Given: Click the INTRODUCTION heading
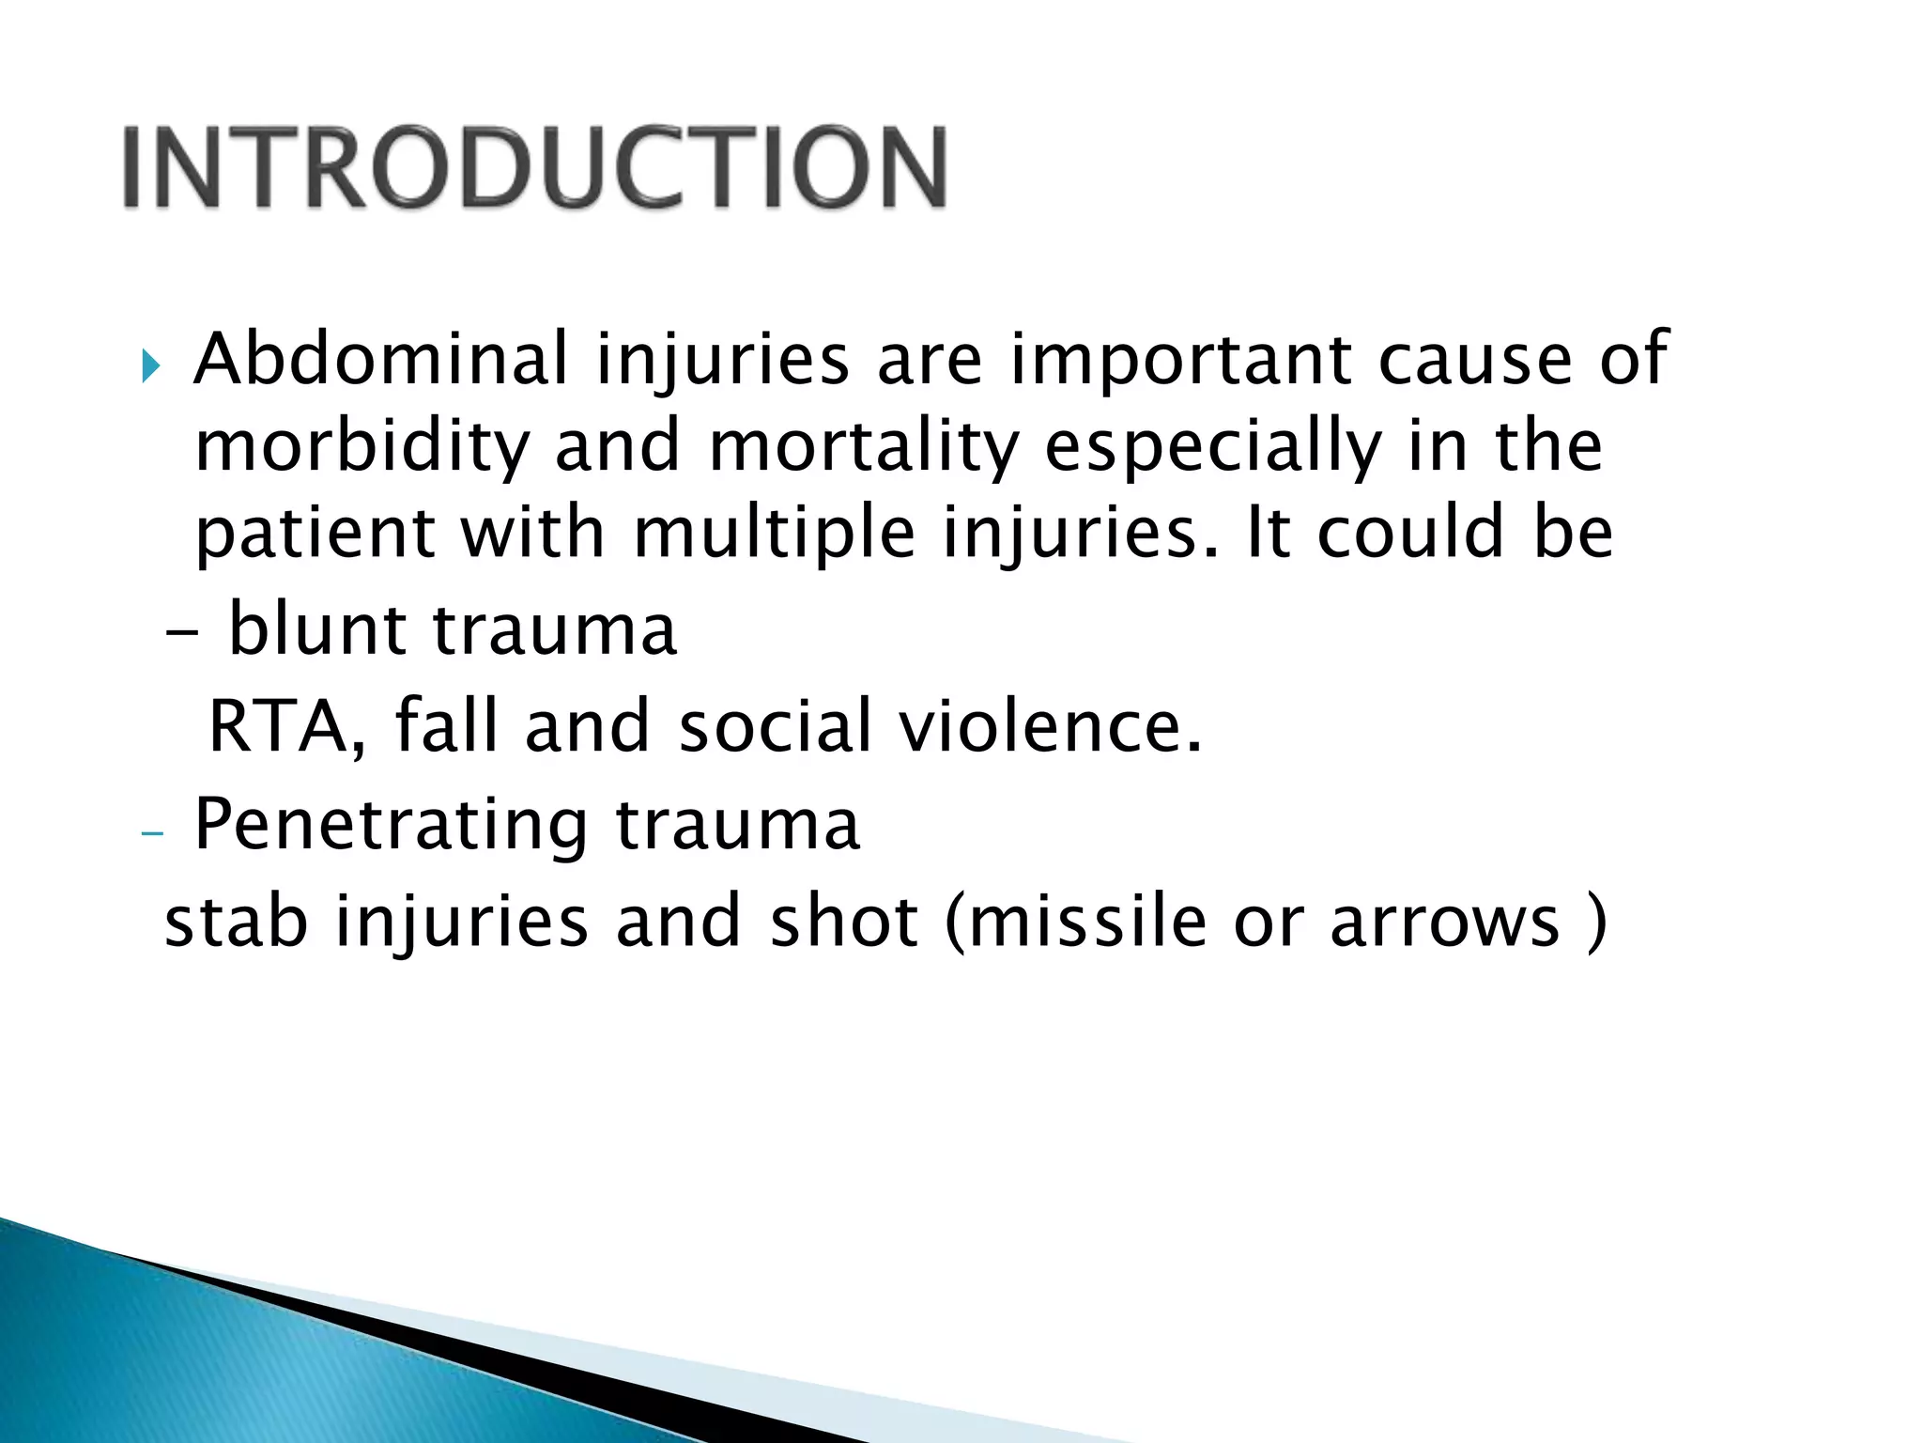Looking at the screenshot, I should pyautogui.click(x=534, y=167).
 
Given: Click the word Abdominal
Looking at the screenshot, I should pyautogui.click(x=380, y=359).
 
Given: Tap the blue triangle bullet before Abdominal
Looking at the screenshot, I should pyautogui.click(x=151, y=366).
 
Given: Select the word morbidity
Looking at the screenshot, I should pyautogui.click(x=362, y=447).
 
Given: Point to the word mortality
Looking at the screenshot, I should pyautogui.click(x=863, y=447).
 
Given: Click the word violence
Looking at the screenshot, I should pyautogui.click(x=1050, y=727).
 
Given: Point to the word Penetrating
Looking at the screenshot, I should pyautogui.click(x=391, y=825).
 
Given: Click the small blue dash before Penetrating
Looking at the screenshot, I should pyautogui.click(x=151, y=833).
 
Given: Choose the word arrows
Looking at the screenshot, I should pyautogui.click(x=1444, y=923).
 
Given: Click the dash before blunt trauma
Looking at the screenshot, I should pyautogui.click(x=181, y=634).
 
